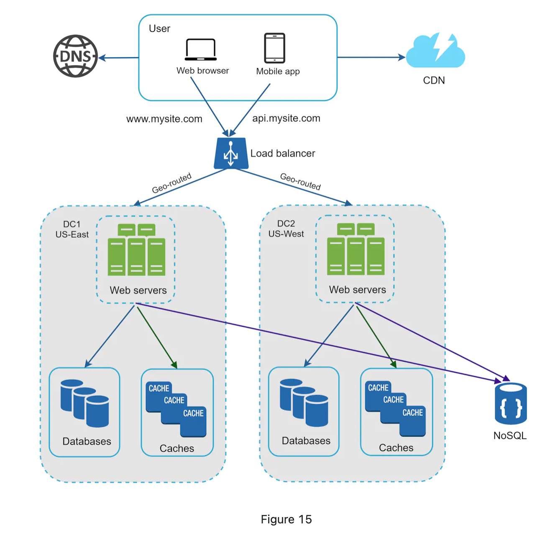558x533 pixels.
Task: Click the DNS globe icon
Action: click(x=75, y=56)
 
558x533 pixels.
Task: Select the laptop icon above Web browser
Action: click(x=201, y=50)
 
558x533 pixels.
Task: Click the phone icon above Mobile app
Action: click(x=274, y=48)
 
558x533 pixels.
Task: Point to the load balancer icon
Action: click(x=231, y=154)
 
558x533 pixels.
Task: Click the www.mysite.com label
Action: click(x=164, y=119)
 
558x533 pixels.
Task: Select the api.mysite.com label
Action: click(x=286, y=118)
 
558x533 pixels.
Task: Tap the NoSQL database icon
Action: click(x=510, y=404)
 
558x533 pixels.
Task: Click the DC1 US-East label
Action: click(x=72, y=229)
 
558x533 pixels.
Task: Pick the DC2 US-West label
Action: click(x=286, y=229)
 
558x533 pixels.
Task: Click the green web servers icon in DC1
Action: click(x=136, y=250)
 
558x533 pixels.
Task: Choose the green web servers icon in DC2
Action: click(x=356, y=250)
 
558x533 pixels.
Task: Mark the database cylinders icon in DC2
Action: click(x=304, y=402)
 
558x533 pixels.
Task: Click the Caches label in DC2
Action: click(x=396, y=448)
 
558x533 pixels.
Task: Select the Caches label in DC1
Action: click(x=177, y=448)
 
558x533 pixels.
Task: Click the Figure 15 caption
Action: click(x=286, y=519)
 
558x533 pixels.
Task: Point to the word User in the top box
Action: click(x=159, y=28)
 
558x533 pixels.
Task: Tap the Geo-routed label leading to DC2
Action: click(x=300, y=181)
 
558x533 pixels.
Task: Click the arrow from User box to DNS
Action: click(x=119, y=58)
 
